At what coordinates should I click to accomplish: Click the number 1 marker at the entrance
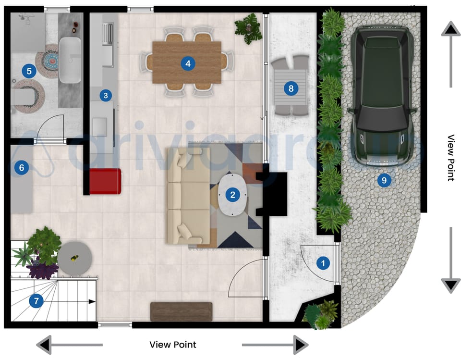323,263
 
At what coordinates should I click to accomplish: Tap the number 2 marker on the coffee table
233,195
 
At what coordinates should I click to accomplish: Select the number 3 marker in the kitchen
106,95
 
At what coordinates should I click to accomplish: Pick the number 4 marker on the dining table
188,63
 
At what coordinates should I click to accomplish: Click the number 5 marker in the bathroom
29,72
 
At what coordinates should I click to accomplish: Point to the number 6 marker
21,168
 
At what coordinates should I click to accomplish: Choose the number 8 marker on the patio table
291,88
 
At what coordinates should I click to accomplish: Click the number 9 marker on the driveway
384,180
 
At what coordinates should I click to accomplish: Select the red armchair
105,181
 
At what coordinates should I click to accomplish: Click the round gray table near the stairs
75,258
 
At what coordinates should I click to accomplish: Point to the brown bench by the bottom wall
181,311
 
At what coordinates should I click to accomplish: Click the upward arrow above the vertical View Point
450,30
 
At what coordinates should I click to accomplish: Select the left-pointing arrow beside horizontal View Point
44,345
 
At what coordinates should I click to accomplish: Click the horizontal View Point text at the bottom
172,345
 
